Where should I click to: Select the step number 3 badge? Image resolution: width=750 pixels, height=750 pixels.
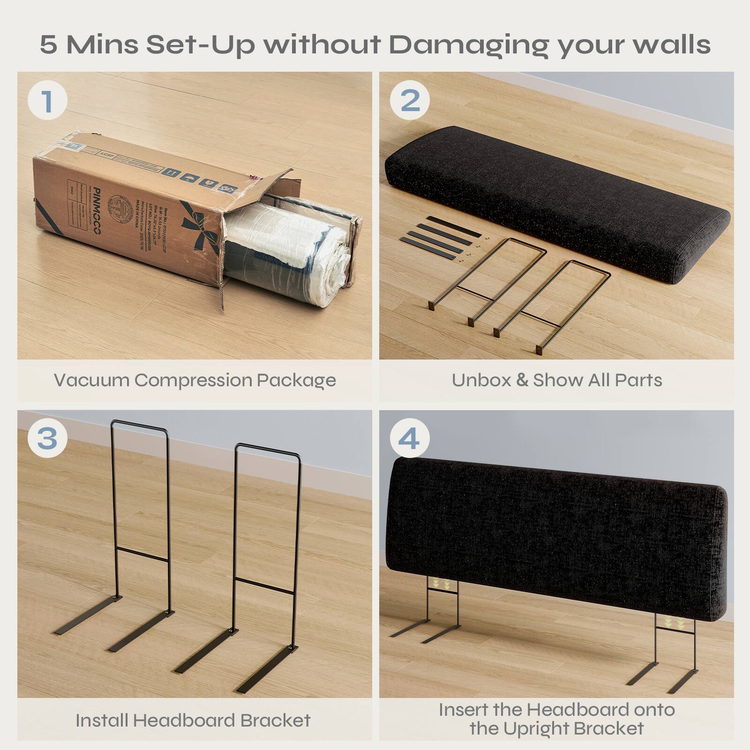(x=47, y=439)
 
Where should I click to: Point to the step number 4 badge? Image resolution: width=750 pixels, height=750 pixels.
(x=410, y=439)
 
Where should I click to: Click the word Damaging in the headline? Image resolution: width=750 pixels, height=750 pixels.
(x=469, y=45)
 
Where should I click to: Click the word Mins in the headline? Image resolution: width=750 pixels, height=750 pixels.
(x=102, y=45)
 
